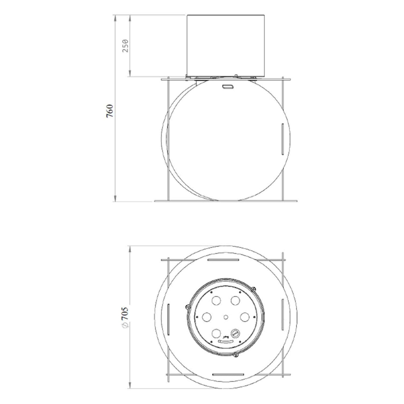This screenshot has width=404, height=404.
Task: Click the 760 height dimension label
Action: (110, 111)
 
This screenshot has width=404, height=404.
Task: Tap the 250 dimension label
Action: (125, 46)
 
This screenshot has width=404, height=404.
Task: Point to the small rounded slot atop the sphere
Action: (227, 87)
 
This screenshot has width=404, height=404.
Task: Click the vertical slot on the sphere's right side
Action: (282, 139)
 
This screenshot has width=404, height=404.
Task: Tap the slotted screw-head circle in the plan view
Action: (235, 333)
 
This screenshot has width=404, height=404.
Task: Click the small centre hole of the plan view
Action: (226, 317)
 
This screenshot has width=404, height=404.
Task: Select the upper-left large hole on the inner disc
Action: (216, 301)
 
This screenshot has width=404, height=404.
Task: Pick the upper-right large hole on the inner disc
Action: (235, 300)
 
